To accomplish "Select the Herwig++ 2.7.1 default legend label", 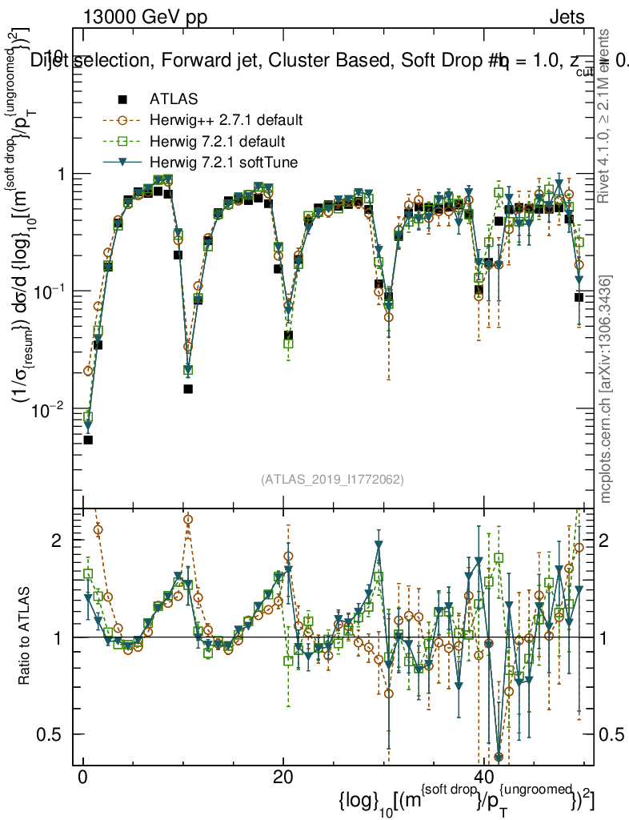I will coord(226,121).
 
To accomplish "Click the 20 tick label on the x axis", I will coord(282,779).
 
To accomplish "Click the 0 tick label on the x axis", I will coord(82,779).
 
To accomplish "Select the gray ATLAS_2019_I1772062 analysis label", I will coord(332,480).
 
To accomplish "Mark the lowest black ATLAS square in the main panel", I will coord(88,440).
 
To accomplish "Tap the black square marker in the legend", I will coord(122,99).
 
